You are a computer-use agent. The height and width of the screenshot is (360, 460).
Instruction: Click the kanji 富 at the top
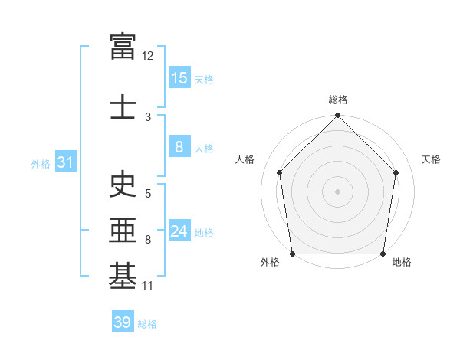(123, 46)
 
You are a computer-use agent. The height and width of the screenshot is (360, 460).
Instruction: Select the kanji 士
(123, 106)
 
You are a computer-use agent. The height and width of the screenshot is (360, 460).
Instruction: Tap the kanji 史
(123, 184)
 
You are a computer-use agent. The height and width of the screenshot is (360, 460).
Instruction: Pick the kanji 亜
(123, 230)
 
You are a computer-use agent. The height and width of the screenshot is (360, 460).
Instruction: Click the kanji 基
(123, 276)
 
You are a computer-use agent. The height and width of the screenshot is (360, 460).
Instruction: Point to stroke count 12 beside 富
(147, 56)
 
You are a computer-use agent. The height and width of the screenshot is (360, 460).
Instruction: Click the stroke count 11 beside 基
(147, 286)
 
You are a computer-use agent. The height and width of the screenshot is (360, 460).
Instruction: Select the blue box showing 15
(179, 77)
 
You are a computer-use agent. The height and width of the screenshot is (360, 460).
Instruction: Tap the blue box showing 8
(179, 146)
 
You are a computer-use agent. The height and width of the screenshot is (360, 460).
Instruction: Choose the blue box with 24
(179, 230)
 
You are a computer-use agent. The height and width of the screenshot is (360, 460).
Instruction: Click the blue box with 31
(66, 162)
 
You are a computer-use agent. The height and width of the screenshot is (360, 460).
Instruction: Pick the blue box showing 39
(123, 321)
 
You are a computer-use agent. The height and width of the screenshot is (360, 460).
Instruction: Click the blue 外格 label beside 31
(41, 164)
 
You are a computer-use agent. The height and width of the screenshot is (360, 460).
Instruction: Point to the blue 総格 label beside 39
(147, 324)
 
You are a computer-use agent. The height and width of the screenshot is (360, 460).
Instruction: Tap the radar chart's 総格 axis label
(338, 100)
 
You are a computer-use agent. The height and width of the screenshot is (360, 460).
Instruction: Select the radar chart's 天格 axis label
(431, 159)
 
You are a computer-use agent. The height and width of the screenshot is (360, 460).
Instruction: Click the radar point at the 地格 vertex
(383, 254)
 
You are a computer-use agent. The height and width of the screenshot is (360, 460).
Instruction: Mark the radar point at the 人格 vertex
(280, 172)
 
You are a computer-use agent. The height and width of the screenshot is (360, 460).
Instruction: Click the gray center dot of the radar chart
(337, 191)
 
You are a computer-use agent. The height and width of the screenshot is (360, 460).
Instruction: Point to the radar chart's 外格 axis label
(270, 262)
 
